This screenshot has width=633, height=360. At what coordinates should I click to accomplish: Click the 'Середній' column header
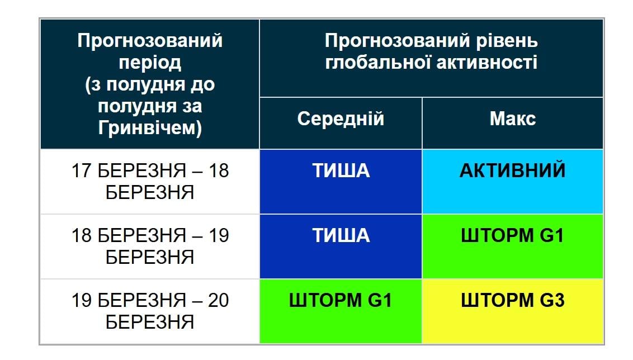341,119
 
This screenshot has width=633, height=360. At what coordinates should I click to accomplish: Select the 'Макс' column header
512,119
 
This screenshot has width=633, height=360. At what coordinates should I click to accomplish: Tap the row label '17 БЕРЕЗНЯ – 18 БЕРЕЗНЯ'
150,181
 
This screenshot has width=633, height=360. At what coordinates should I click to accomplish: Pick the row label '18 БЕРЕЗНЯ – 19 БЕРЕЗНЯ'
150,246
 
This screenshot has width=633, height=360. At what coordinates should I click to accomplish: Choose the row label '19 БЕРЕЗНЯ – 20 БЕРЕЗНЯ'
150,311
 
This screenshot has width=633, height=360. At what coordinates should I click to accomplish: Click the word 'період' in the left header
150,63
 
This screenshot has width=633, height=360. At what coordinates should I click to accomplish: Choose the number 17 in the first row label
82,171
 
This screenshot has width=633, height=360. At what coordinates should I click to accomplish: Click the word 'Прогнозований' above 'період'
150,41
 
